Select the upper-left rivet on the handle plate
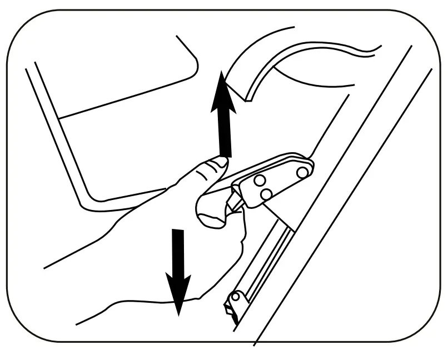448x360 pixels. pyautogui.click(x=259, y=181)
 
